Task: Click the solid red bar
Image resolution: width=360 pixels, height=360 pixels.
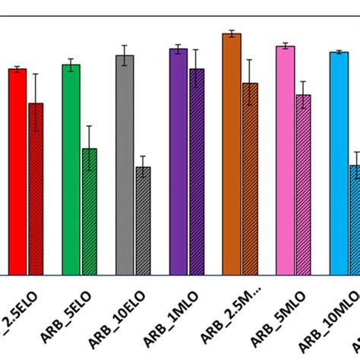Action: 17,172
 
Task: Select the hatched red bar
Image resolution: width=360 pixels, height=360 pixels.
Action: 36,189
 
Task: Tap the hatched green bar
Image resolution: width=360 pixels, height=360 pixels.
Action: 90,212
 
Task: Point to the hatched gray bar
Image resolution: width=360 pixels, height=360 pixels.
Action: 143,221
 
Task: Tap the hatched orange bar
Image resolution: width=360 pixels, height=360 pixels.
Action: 250,179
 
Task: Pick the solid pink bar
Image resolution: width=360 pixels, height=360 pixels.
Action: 285,160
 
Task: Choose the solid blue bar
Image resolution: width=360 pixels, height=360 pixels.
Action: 339,163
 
